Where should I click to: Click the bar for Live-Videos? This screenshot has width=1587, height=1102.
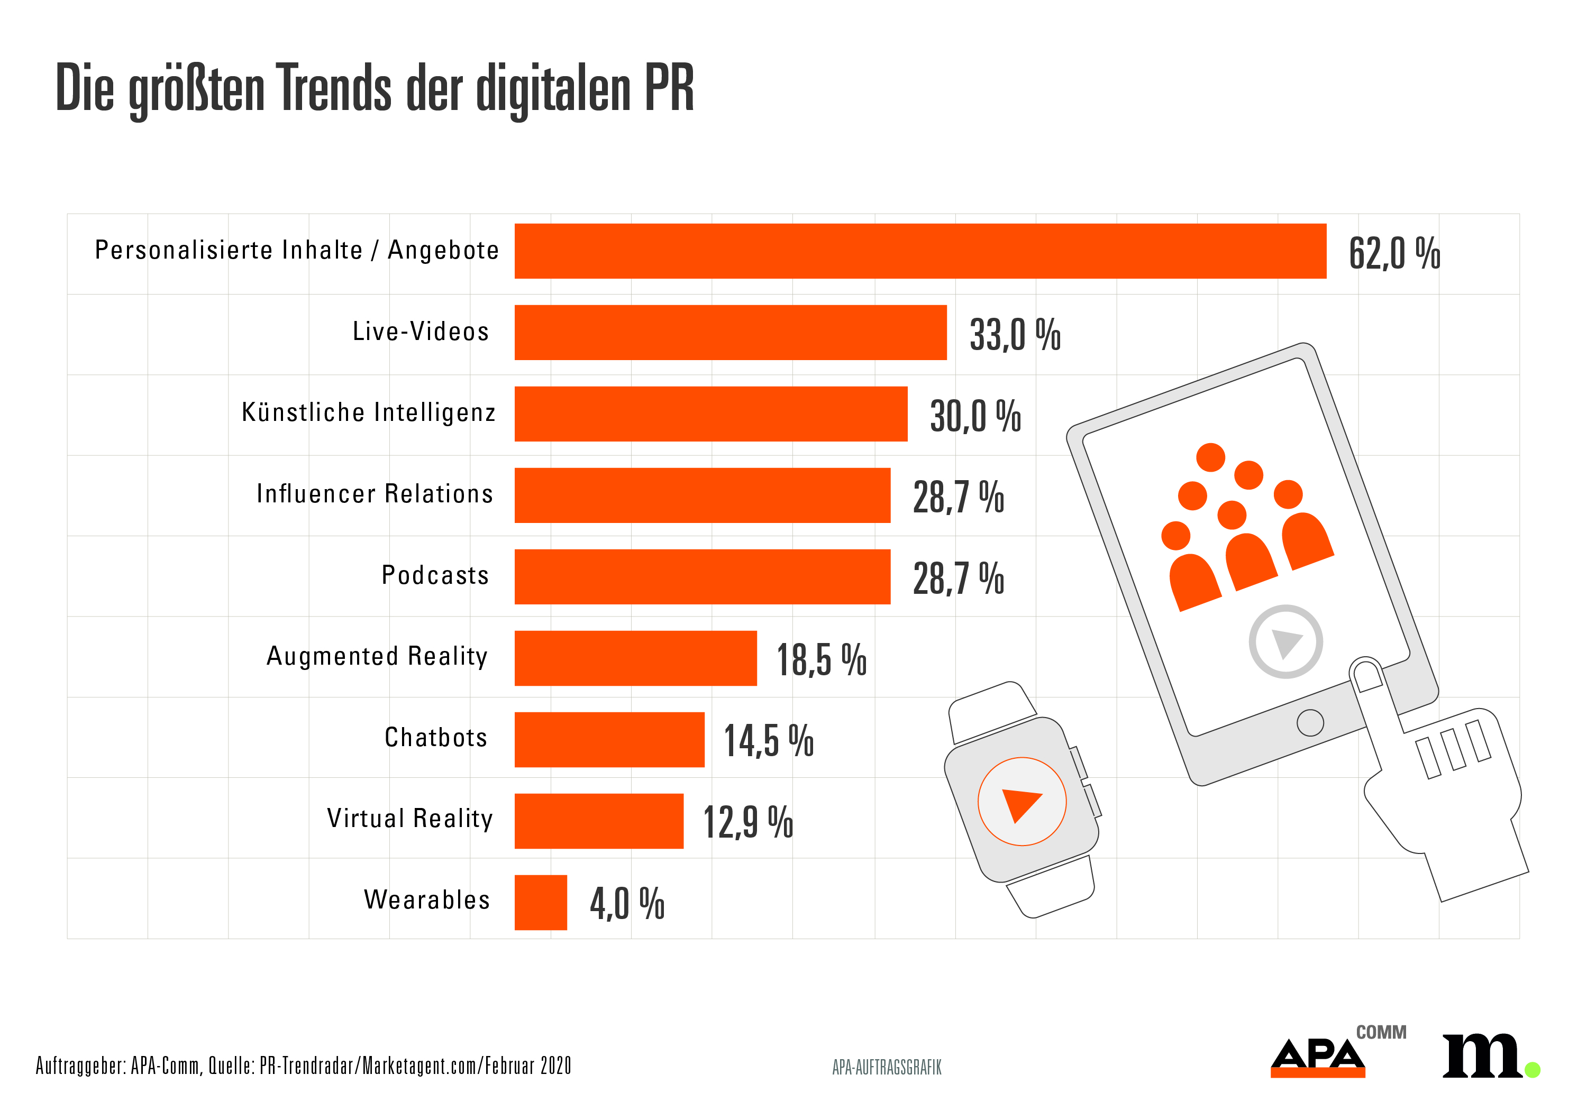[730, 332]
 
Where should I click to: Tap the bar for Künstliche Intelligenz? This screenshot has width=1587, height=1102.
[710, 414]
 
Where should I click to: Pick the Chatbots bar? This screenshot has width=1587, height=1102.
[608, 739]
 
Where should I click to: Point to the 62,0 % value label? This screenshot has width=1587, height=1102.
[1393, 253]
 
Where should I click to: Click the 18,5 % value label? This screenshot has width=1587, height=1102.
[821, 659]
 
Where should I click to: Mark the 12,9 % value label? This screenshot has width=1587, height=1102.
[747, 822]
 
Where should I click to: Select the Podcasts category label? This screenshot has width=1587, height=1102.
[434, 575]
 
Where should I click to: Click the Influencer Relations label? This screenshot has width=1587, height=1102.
[375, 494]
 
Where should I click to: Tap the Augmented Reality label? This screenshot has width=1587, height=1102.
[377, 656]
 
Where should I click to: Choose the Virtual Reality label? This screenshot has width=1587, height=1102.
[409, 819]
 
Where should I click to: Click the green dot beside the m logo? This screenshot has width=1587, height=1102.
[1532, 1070]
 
